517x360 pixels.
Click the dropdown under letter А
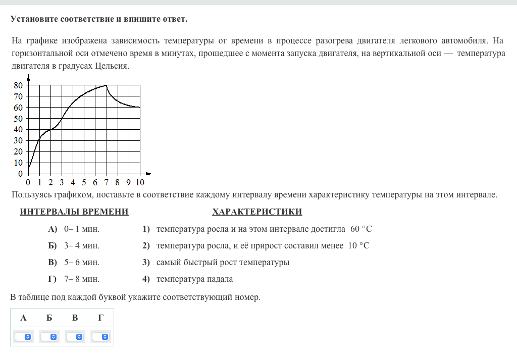pyautogui.click(x=24, y=336)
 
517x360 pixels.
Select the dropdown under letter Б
pyautogui.click(x=49, y=336)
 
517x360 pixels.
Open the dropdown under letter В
pyautogui.click(x=75, y=336)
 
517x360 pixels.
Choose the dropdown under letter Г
pyautogui.click(x=101, y=336)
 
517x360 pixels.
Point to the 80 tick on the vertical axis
pyautogui.click(x=18, y=85)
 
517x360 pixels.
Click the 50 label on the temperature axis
pyautogui.click(x=18, y=119)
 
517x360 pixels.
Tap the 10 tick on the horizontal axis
pyautogui.click(x=140, y=182)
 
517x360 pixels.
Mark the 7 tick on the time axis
pyautogui.click(x=106, y=182)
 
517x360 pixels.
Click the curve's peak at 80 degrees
pyautogui.click(x=106, y=85)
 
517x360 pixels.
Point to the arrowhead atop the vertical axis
pyautogui.click(x=28, y=77)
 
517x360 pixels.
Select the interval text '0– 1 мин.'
pyautogui.click(x=82, y=229)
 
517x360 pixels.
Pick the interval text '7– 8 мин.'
pyautogui.click(x=82, y=279)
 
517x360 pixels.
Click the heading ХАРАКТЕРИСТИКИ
pyautogui.click(x=257, y=212)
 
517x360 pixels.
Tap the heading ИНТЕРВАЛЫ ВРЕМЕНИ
pyautogui.click(x=74, y=212)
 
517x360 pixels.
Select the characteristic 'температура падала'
pyautogui.click(x=194, y=279)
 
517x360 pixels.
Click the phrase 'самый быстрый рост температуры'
pyautogui.click(x=223, y=263)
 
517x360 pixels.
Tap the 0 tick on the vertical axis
pyautogui.click(x=21, y=174)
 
